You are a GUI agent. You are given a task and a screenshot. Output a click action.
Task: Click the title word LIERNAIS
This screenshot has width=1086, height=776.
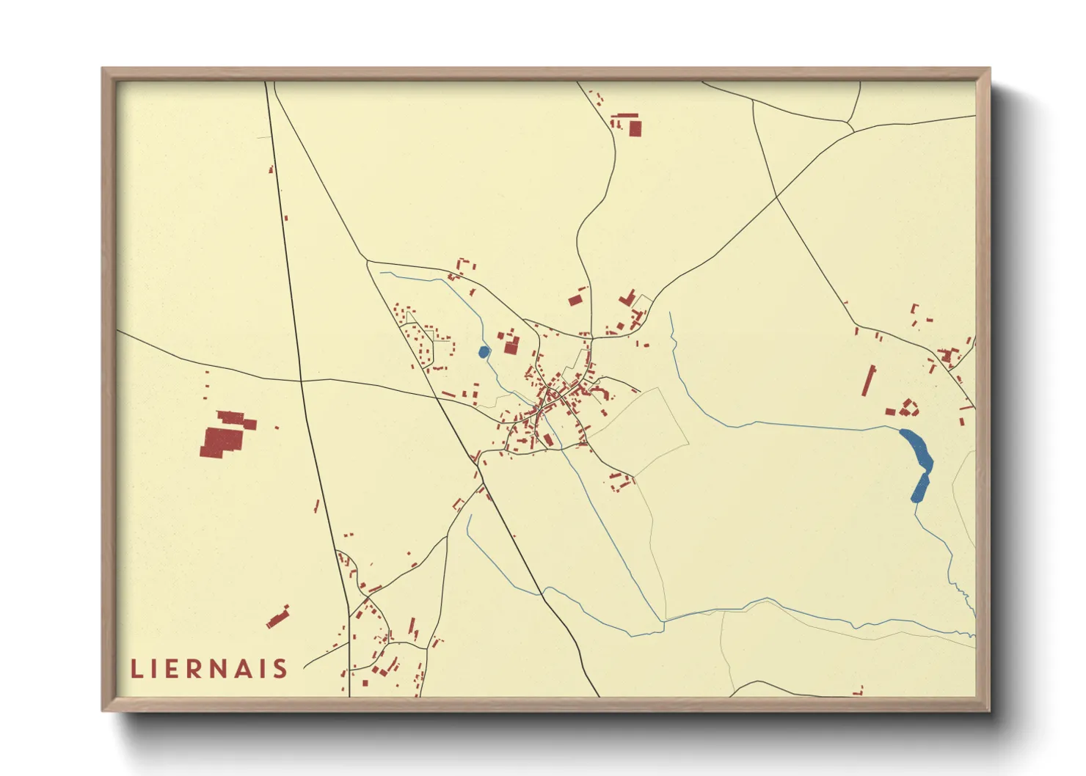209,668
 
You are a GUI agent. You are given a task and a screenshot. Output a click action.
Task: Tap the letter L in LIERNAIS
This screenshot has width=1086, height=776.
136,668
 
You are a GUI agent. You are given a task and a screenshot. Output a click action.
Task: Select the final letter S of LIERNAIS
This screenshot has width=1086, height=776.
280,668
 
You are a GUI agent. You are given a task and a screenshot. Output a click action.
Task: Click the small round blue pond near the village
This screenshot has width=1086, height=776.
484,352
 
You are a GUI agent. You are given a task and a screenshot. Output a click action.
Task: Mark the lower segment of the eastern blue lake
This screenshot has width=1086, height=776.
920,488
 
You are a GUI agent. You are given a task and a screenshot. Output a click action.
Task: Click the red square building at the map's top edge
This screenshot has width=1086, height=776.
635,128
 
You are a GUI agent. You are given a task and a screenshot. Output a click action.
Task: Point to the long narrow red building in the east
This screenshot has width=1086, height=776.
869,381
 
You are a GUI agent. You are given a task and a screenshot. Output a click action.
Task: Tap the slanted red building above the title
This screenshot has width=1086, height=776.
278,618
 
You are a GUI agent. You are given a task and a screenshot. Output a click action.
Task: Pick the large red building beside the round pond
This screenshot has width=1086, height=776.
511,346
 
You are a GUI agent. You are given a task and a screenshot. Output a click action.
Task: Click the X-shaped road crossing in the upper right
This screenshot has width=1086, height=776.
777,197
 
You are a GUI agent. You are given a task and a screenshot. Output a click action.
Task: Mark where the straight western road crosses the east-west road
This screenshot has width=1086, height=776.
301,381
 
